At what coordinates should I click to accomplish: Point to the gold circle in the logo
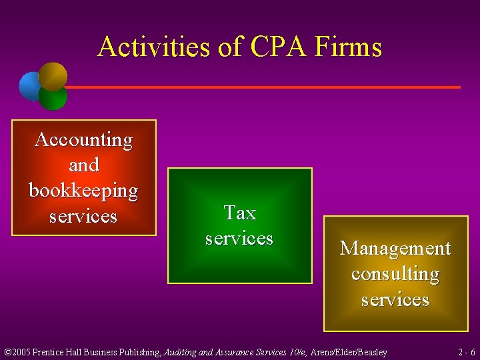pos(53,75)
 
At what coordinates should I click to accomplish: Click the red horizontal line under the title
pos(267,87)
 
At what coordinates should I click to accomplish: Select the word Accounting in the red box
pos(84,140)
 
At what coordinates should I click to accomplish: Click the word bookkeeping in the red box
pos(84,191)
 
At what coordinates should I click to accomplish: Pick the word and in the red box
pos(84,165)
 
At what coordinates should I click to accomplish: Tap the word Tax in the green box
pos(240,213)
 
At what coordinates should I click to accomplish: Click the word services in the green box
pos(239,238)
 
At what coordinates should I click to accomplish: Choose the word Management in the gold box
pos(395,248)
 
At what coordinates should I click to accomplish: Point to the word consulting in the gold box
pos(395,274)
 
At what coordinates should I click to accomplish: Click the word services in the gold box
pos(395,299)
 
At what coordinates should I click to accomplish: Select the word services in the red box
pos(84,217)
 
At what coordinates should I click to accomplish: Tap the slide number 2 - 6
pos(466,352)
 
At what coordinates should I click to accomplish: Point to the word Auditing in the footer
pos(183,352)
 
